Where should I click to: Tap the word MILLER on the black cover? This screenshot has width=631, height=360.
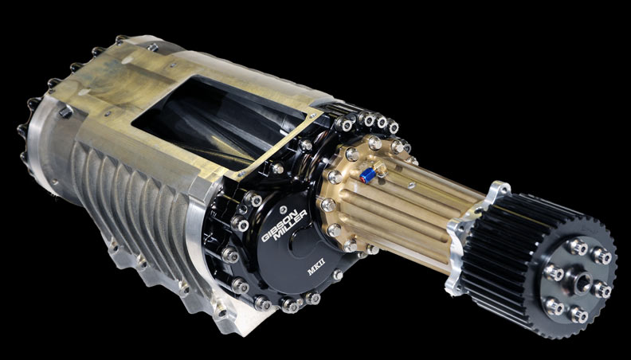(291, 229)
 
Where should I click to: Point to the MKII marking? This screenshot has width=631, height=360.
(316, 268)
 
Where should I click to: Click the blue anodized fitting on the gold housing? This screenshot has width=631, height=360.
(367, 176)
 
